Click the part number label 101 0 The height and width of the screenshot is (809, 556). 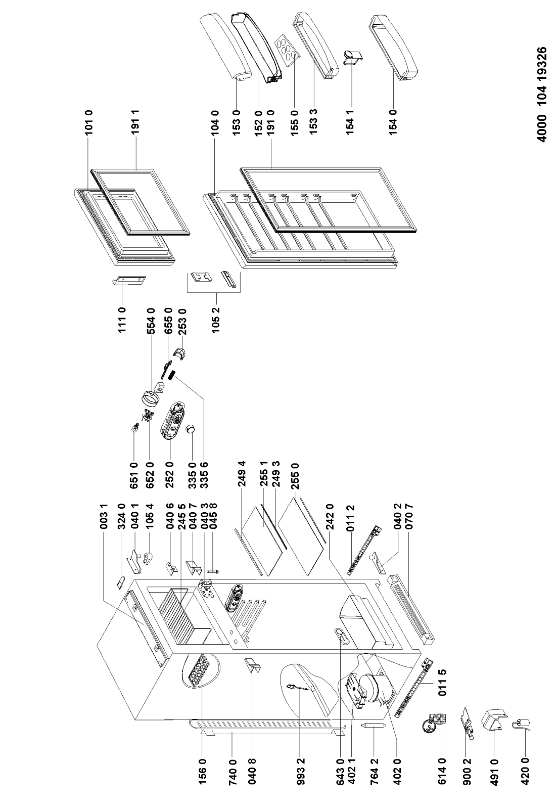click(89, 122)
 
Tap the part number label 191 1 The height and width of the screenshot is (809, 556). click(135, 122)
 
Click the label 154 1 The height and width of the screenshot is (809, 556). click(350, 122)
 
